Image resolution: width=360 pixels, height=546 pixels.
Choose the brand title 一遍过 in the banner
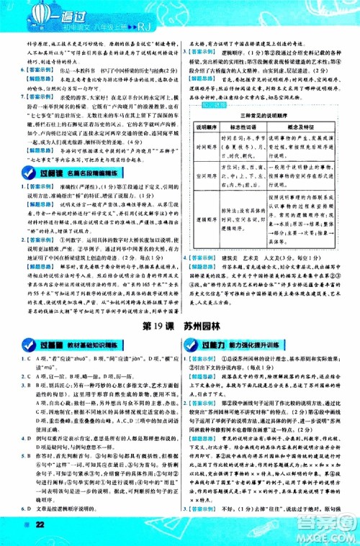(x=63, y=14)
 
